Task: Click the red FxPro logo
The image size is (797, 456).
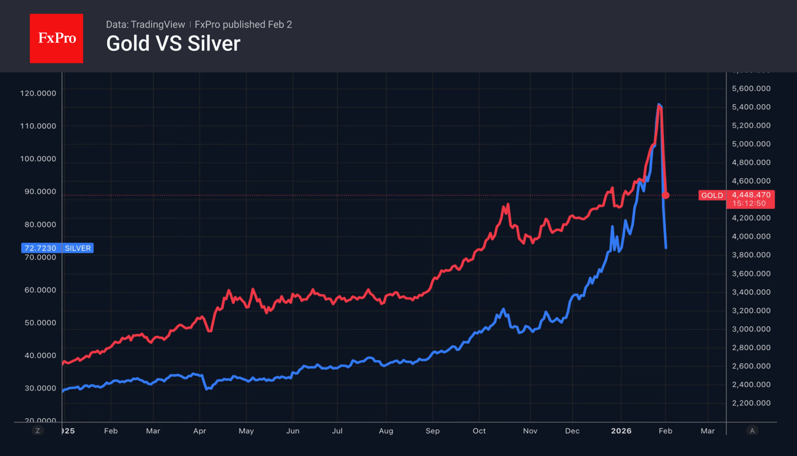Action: (x=56, y=38)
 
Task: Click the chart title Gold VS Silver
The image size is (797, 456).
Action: (x=173, y=43)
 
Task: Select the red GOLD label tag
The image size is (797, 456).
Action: (x=712, y=196)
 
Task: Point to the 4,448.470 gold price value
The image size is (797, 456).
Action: (x=751, y=195)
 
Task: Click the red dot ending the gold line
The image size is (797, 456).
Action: (x=666, y=196)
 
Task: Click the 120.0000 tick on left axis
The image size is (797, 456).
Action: (x=38, y=93)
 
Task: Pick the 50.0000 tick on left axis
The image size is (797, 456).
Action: (x=38, y=323)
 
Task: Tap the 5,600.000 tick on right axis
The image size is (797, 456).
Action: (x=751, y=89)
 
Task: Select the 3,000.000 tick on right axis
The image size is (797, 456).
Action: (x=751, y=329)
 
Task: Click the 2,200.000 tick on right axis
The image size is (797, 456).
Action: (x=751, y=403)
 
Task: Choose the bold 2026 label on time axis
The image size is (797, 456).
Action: (x=621, y=431)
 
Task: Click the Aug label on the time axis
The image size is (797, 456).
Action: (x=386, y=431)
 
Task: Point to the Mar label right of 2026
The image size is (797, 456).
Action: (x=707, y=431)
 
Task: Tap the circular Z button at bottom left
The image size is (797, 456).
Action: (x=38, y=431)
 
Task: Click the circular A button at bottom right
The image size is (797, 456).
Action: (x=752, y=431)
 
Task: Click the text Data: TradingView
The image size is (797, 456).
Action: (x=145, y=24)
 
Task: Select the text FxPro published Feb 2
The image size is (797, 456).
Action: (x=243, y=24)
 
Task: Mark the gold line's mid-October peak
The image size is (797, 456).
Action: (x=507, y=205)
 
